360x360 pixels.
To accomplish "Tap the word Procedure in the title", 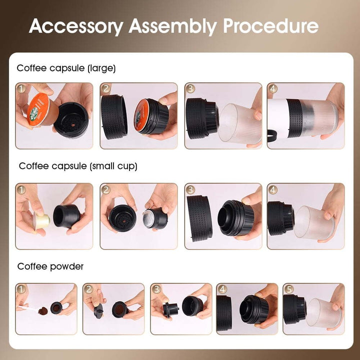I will click(270, 25).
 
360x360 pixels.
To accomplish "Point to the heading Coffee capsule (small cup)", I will click(78, 166).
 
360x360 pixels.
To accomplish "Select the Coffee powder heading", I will click(50, 266).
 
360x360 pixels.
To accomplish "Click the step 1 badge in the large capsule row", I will click(21, 89).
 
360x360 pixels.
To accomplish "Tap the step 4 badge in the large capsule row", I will click(273, 89).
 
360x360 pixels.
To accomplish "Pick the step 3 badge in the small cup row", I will click(190, 189).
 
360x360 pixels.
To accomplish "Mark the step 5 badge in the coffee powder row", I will click(288, 289).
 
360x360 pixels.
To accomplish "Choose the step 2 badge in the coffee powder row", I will click(88, 289).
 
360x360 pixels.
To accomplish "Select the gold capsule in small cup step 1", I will click(41, 220).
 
